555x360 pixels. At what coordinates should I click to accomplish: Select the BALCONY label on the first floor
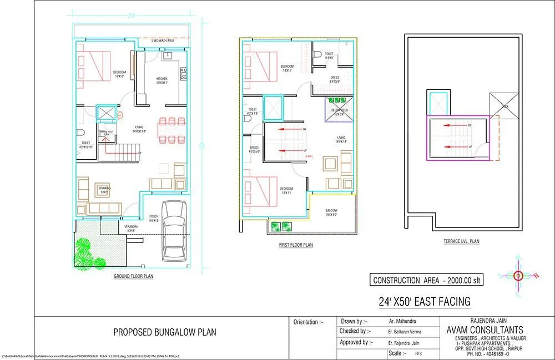[331, 212]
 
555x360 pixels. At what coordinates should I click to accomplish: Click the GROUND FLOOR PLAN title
[133, 276]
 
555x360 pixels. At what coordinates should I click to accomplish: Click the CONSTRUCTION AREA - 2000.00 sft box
[427, 280]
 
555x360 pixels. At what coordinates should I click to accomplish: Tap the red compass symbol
[518, 276]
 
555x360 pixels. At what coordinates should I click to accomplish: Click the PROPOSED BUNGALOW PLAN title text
[165, 332]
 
